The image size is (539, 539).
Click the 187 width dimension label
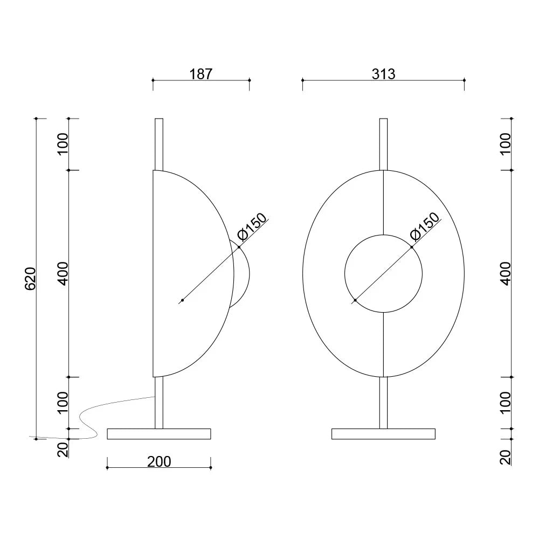[201, 74]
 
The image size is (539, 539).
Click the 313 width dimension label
[384, 74]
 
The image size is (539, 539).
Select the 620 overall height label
[30, 279]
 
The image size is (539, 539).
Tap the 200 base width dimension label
[159, 462]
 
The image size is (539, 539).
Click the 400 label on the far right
[506, 274]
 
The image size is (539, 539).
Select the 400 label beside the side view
[63, 274]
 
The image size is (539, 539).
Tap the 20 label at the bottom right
[506, 458]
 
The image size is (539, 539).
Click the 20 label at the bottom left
[63, 450]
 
